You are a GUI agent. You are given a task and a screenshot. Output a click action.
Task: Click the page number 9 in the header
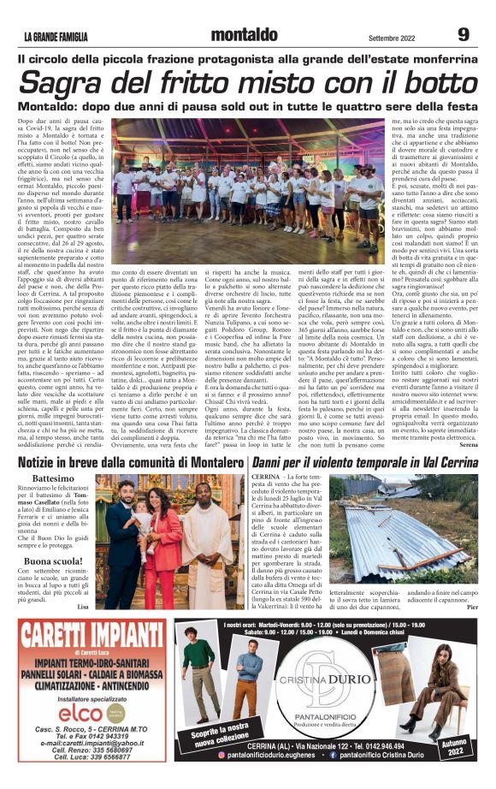click(463, 35)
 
